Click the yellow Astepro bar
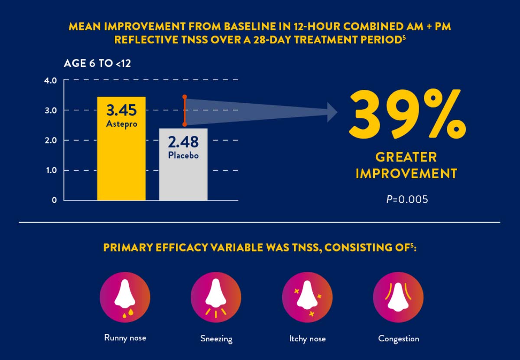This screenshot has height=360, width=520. (x=121, y=165)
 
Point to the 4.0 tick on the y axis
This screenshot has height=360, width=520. (x=51, y=81)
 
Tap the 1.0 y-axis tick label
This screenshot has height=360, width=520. (x=51, y=170)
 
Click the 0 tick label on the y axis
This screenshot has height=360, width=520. (x=55, y=200)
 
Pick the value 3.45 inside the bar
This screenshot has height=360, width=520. (x=121, y=110)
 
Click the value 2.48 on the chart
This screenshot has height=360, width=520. (x=183, y=142)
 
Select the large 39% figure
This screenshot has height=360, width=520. (x=407, y=113)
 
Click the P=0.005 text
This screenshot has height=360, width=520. (x=406, y=200)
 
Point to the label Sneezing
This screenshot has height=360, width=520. (x=216, y=338)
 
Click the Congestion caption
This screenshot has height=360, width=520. (x=399, y=338)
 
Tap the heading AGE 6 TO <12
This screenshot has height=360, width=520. (x=97, y=63)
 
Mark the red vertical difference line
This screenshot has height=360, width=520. (x=185, y=111)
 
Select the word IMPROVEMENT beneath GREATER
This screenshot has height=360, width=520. (x=406, y=174)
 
